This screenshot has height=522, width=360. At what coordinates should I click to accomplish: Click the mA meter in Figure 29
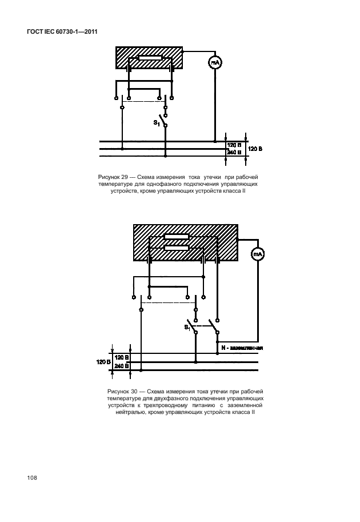point(215,62)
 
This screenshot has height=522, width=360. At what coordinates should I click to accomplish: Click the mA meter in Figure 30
point(257,254)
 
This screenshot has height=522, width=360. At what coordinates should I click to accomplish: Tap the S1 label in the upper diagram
point(157,123)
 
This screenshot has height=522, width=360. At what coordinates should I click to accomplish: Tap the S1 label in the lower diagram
point(187,328)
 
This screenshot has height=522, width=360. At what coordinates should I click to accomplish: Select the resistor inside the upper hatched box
point(150,58)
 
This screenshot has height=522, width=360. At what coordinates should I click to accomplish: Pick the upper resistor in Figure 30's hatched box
point(177,237)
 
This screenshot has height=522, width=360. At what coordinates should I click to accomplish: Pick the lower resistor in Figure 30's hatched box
point(177,248)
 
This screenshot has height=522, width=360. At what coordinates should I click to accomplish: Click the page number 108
point(32,478)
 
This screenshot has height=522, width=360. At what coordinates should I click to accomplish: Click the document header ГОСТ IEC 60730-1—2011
point(62,32)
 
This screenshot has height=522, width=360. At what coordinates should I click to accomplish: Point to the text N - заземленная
point(242,348)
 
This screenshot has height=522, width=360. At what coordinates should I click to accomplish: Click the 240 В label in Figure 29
point(234,152)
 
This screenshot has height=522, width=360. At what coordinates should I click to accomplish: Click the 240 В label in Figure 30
point(122,366)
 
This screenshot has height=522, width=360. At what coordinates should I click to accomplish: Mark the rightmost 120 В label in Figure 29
point(255,149)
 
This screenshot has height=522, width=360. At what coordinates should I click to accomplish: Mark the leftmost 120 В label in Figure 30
point(103,362)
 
